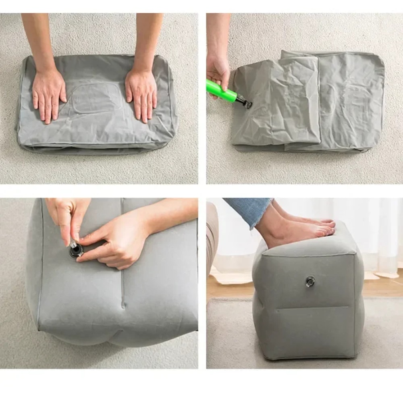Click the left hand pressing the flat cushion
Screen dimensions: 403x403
(48, 95)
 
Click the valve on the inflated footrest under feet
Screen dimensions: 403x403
(310, 281)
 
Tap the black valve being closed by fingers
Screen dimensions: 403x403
(75, 250)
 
